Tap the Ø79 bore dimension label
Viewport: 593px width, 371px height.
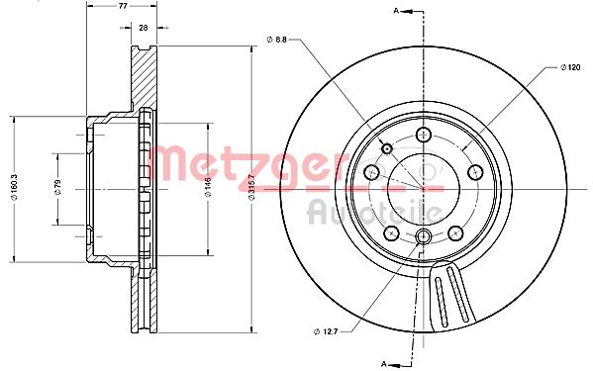(x=58, y=187)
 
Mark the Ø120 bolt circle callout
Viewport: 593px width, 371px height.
(x=568, y=66)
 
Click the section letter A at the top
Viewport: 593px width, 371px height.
(x=398, y=11)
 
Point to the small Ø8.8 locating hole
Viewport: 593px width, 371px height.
(x=386, y=148)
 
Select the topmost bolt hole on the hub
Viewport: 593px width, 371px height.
(x=424, y=136)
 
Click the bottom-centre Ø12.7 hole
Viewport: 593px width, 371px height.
(x=424, y=235)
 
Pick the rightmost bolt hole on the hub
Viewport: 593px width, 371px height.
(x=473, y=170)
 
